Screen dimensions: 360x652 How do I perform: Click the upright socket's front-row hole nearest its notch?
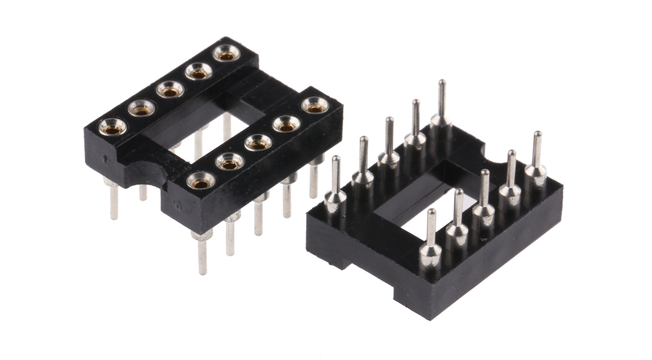202,181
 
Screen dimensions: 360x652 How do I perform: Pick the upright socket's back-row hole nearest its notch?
112,126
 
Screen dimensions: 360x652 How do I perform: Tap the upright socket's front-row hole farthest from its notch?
314,105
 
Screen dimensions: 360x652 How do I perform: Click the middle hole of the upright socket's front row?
258,142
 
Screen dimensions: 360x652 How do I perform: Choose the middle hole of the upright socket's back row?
170,89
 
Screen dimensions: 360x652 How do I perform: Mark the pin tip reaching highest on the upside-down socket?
442,83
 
